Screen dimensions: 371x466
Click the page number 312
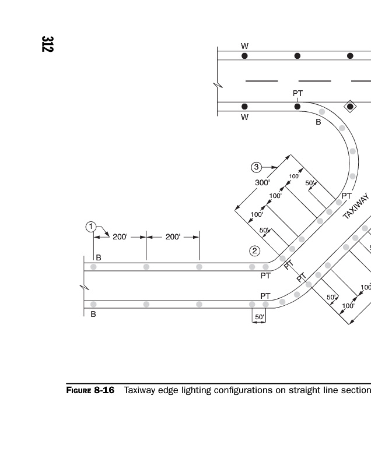[x=47, y=44]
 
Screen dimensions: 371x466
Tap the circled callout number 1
[x=91, y=227]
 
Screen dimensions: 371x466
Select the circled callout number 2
[x=254, y=251]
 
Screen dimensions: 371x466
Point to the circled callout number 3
[x=256, y=167]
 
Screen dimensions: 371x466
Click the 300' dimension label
[x=262, y=182]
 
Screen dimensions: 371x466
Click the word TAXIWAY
[x=356, y=206]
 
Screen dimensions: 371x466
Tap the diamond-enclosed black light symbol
[x=350, y=107]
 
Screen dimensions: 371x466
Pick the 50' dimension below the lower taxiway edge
[x=260, y=317]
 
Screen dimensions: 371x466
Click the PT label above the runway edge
[x=297, y=93]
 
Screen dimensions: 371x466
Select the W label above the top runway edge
[x=244, y=46]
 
